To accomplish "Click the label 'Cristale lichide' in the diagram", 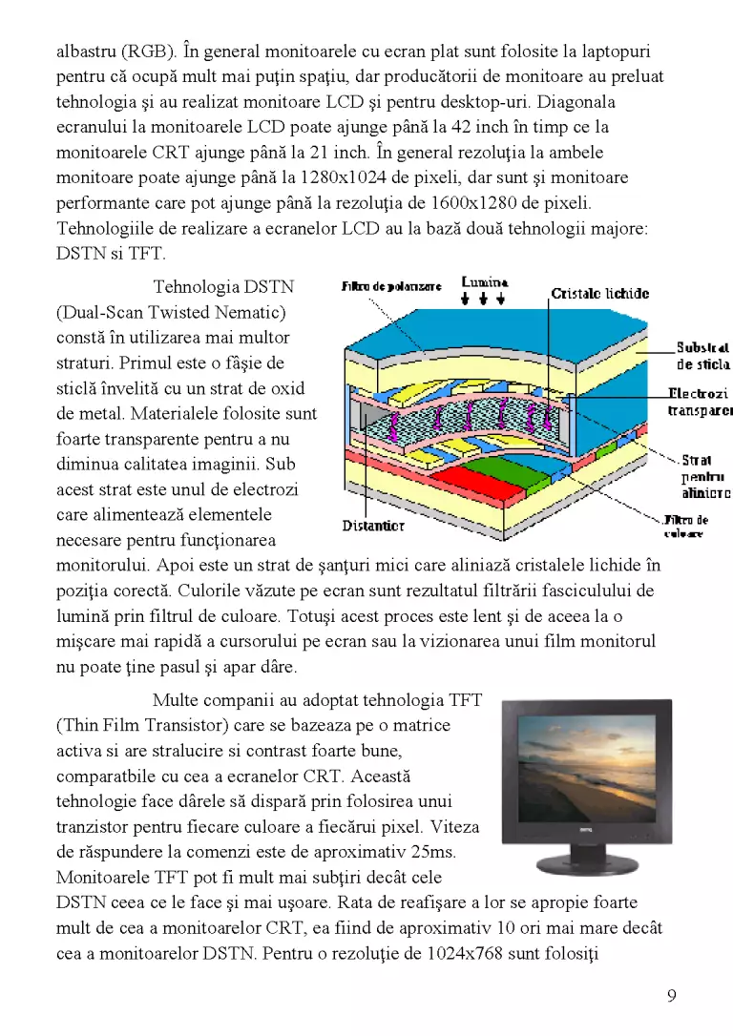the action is [x=600, y=294].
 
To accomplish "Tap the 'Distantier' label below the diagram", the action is [x=373, y=526].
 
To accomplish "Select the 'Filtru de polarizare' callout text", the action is [x=391, y=286].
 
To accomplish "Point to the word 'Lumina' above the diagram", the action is [x=485, y=282].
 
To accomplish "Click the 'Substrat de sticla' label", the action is [x=703, y=356].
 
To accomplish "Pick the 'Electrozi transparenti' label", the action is [x=700, y=403].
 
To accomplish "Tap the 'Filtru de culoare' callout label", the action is [x=685, y=526].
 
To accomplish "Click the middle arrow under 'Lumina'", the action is [x=483, y=300].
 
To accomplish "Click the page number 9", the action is [x=672, y=996].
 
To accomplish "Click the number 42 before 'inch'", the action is [x=461, y=127].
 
